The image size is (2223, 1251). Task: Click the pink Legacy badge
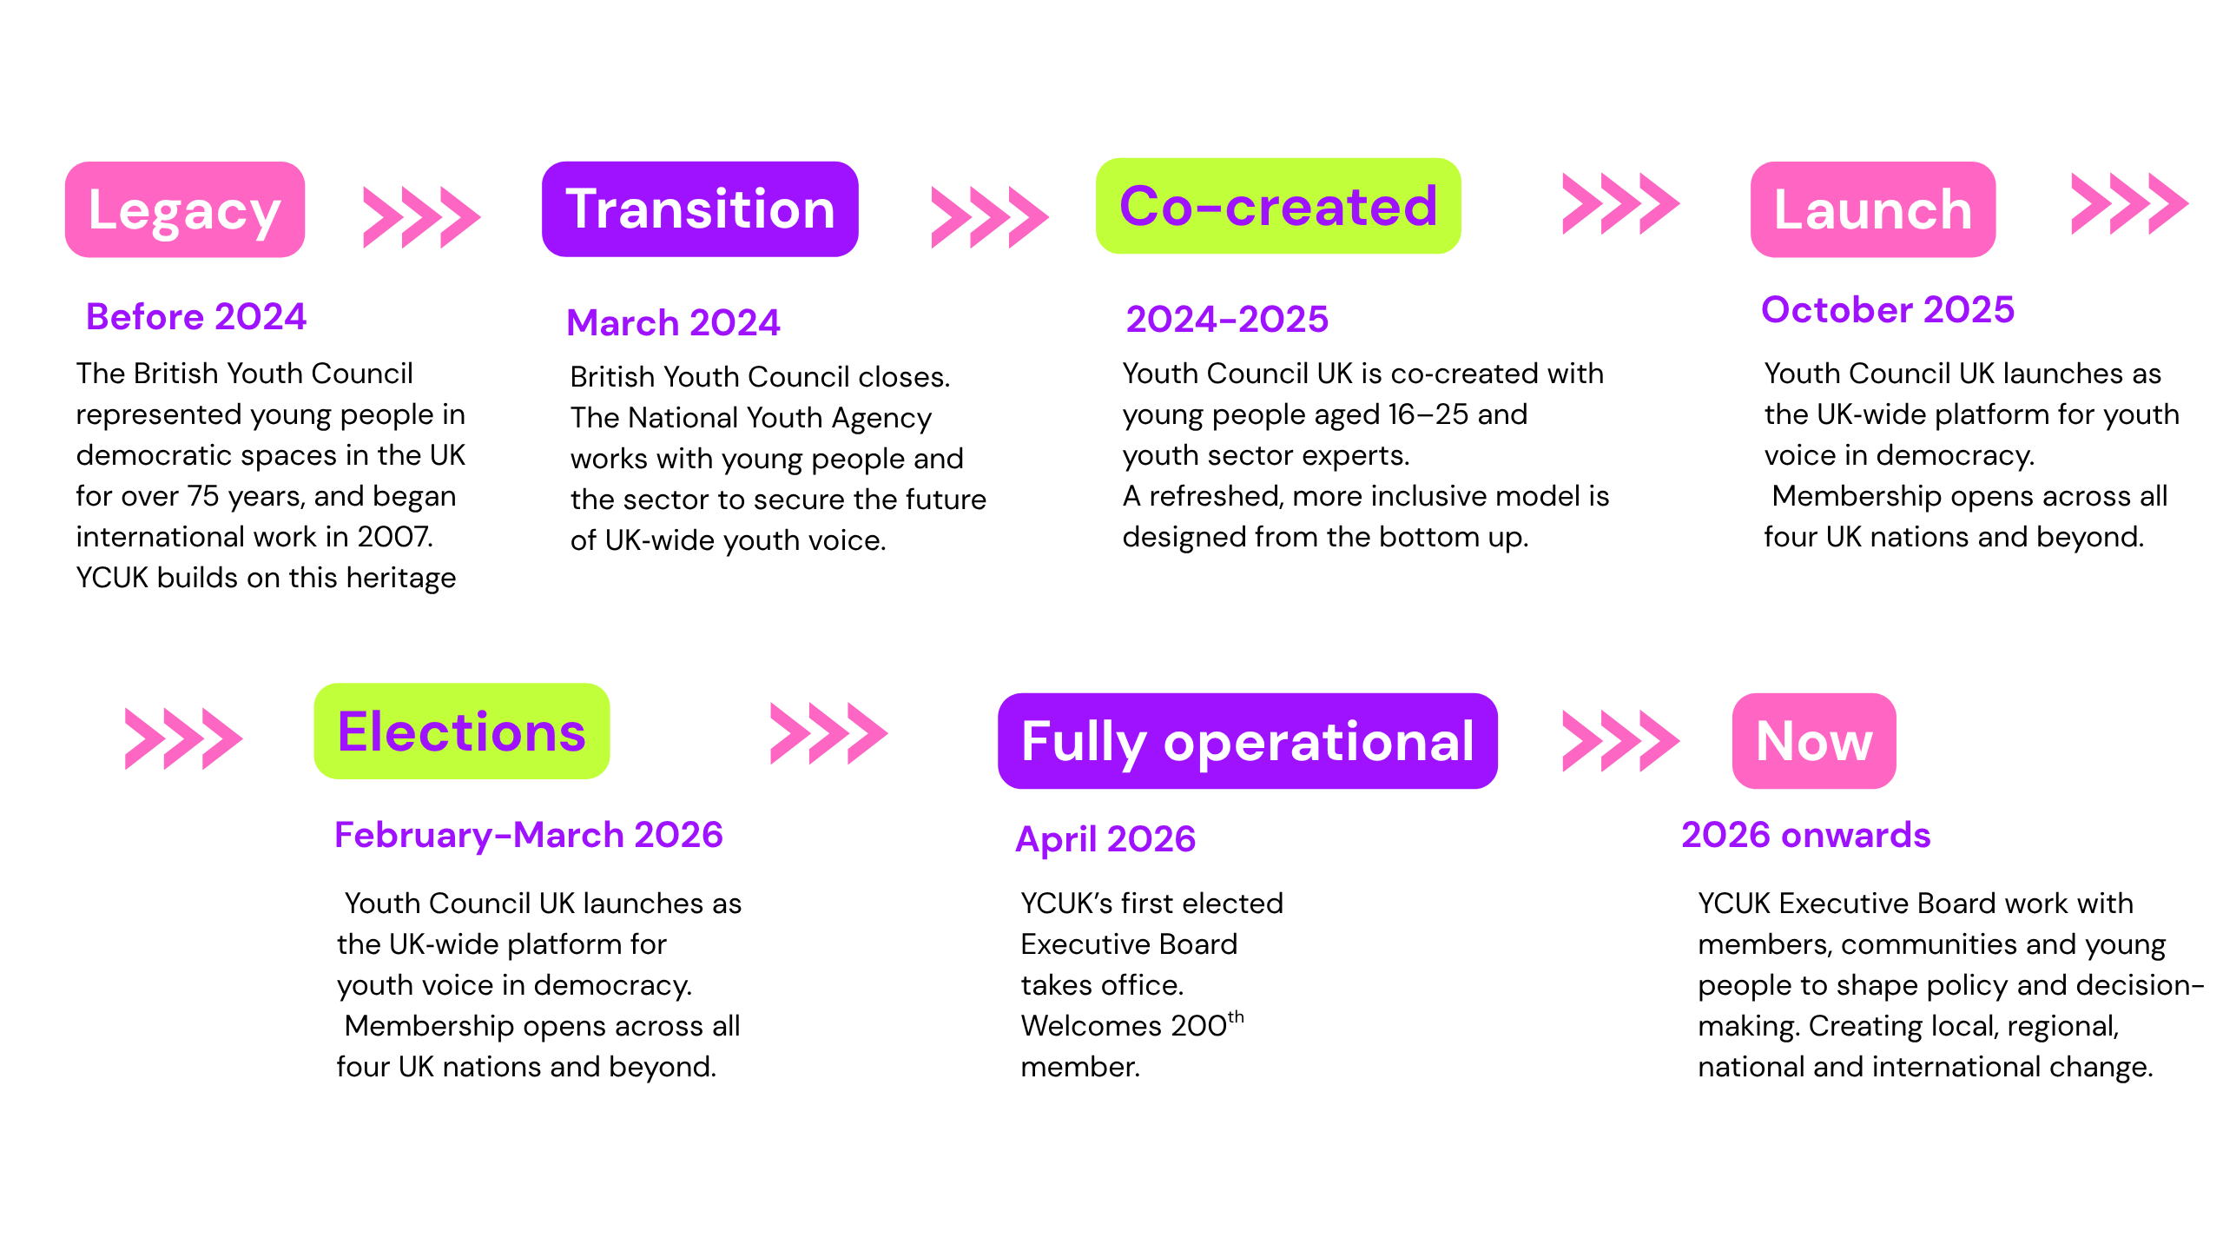[x=185, y=209]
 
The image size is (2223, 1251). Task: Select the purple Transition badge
[x=700, y=209]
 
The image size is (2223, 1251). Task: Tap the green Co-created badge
[x=1278, y=206]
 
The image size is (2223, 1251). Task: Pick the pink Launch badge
[x=1873, y=209]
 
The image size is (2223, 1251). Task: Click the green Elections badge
[x=462, y=731]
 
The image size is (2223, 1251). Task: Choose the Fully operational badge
[x=1248, y=741]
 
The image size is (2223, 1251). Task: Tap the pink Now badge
[x=1814, y=741]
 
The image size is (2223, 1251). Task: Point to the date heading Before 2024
[x=196, y=316]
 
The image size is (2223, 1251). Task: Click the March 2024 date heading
[x=673, y=322]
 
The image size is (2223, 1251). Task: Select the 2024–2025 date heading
[x=1227, y=319]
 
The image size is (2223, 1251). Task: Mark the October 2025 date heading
[x=1888, y=309]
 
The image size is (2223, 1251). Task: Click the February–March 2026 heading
[x=529, y=835]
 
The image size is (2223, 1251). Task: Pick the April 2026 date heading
[x=1105, y=839]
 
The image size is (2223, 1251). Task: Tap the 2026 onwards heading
[x=1806, y=835]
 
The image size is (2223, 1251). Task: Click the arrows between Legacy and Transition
[x=422, y=217]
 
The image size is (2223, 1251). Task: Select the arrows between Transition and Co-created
[x=990, y=217]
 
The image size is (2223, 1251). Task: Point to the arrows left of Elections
[x=184, y=739]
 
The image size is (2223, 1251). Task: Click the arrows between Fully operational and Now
[x=1621, y=741]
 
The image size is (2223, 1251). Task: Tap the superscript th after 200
[x=1236, y=1016]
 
